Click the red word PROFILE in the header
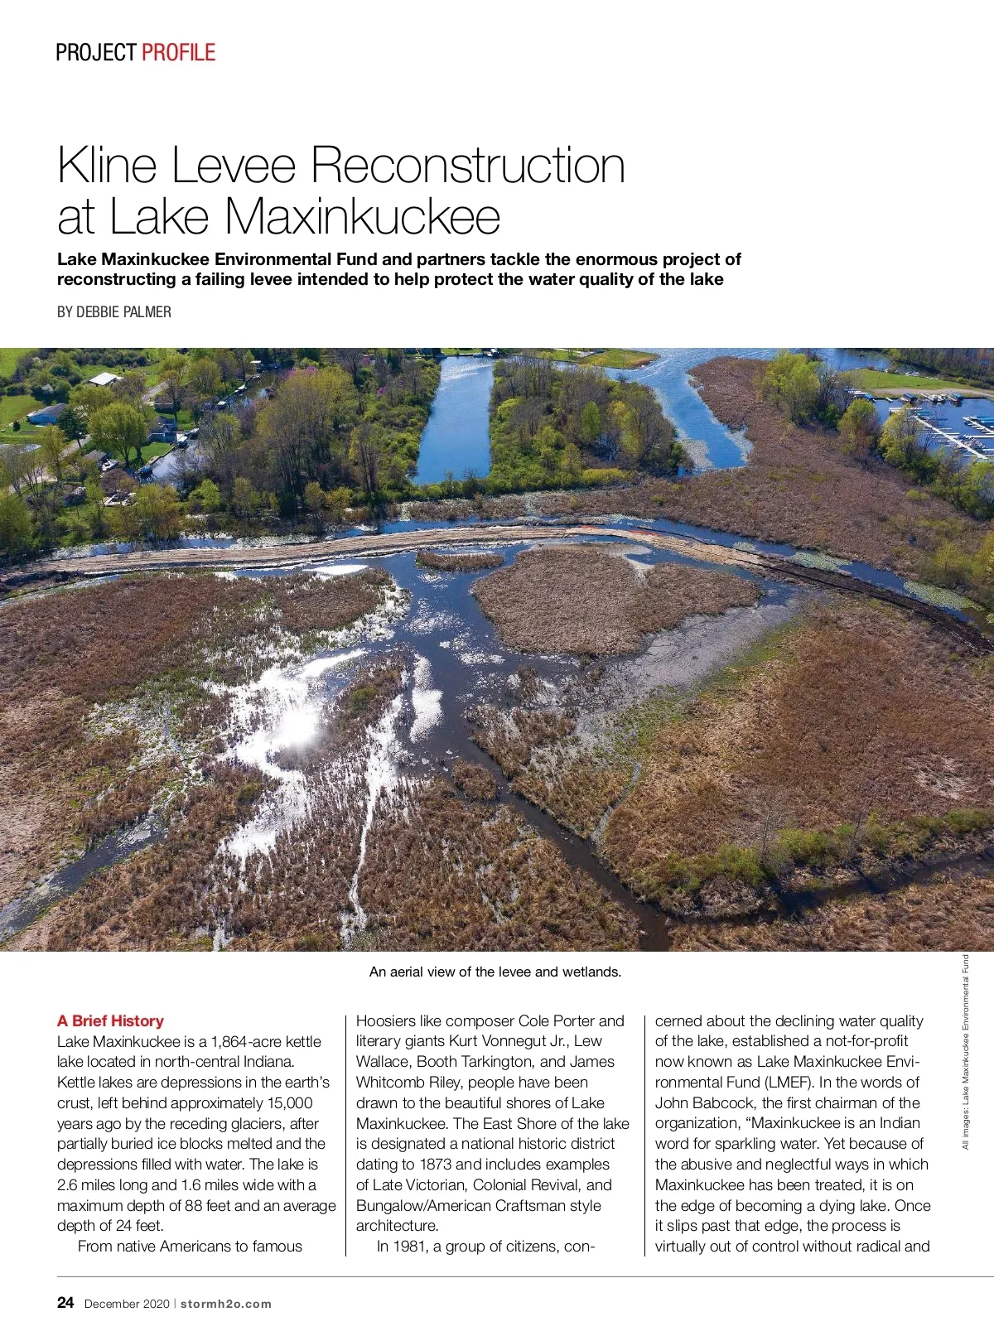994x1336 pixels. tap(178, 53)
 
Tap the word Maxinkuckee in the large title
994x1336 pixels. tap(362, 217)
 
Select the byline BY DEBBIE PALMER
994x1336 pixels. tap(114, 312)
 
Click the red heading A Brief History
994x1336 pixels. tap(110, 1020)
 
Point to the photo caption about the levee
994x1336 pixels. tap(495, 972)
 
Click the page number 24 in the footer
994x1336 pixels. tap(65, 1303)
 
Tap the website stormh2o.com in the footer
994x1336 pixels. tap(226, 1304)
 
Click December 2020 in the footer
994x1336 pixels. tap(127, 1304)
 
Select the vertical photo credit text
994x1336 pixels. tap(965, 1052)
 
